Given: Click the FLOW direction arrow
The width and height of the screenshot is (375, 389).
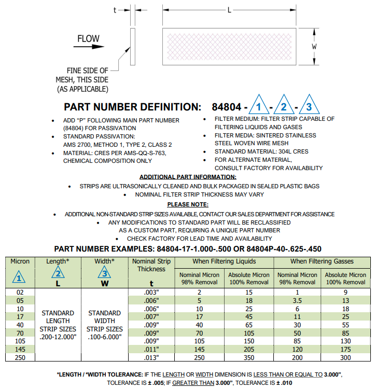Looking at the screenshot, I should pos(88,47).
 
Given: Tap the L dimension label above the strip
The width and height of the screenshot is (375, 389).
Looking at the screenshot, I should pos(229,10).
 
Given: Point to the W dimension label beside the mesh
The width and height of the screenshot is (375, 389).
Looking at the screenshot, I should pos(314,47).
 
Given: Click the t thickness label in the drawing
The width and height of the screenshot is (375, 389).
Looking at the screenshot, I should pos(115,10).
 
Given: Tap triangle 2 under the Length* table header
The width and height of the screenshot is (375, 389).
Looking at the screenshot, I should pos(58,273).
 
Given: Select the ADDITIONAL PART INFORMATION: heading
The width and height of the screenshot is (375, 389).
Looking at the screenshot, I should pos(188,177).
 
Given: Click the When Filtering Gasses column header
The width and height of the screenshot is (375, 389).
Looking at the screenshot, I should pos(322,261).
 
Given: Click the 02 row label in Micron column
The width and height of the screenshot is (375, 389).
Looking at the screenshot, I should pos(20,292).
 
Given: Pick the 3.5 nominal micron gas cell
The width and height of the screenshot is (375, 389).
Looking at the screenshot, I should pos(297,300).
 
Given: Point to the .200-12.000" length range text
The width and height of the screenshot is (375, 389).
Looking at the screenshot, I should pos(58,337).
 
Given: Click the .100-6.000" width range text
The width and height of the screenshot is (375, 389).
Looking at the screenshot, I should pos(105,337).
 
